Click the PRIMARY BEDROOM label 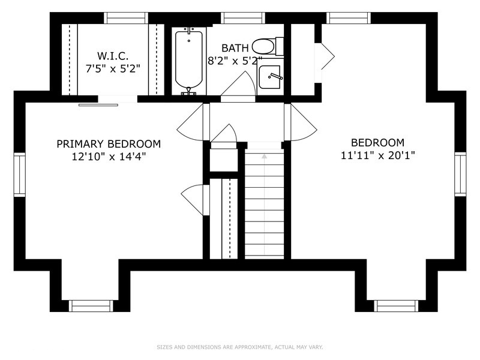(x=109, y=144)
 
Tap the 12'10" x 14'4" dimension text (x=109, y=157)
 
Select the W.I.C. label (x=113, y=56)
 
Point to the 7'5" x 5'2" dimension (x=113, y=69)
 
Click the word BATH (x=235, y=48)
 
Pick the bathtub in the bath (x=189, y=61)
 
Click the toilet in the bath (x=268, y=47)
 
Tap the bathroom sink (x=269, y=77)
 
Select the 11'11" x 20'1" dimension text (x=378, y=155)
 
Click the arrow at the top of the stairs (x=265, y=156)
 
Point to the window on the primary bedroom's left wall (x=19, y=175)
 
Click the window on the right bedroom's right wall (x=460, y=174)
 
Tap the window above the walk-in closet (x=126, y=18)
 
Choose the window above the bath (x=243, y=18)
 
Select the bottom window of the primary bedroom (x=91, y=306)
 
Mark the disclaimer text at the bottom (x=239, y=347)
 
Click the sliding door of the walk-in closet (x=98, y=105)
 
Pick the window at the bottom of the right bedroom (x=396, y=306)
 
